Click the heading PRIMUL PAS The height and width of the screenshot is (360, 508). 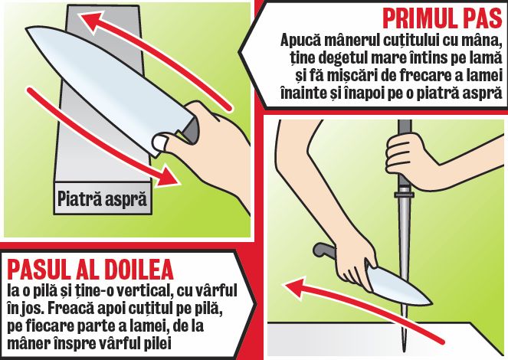pyautogui.click(x=442, y=19)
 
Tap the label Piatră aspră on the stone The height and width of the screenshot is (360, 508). pyautogui.click(x=102, y=198)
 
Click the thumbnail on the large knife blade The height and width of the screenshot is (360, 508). pyautogui.click(x=160, y=142)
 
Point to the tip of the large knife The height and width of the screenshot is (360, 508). pyautogui.click(x=26, y=29)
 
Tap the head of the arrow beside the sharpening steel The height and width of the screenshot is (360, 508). pyautogui.click(x=294, y=287)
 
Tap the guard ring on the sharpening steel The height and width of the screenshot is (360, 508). pyautogui.click(x=405, y=195)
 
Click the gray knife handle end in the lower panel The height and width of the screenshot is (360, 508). pyautogui.click(x=323, y=250)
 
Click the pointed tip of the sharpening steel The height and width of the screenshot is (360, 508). pyautogui.click(x=404, y=352)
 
